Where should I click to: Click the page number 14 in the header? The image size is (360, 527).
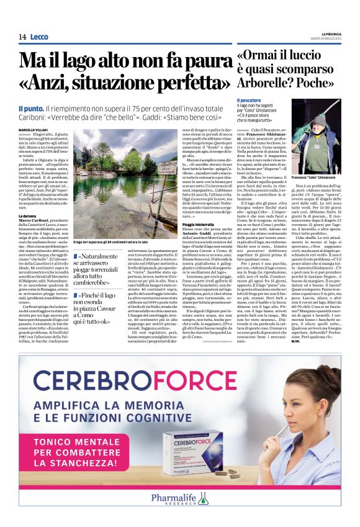[22, 37]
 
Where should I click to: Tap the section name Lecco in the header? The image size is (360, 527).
[39, 37]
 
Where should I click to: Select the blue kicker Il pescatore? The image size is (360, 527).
[250, 99]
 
